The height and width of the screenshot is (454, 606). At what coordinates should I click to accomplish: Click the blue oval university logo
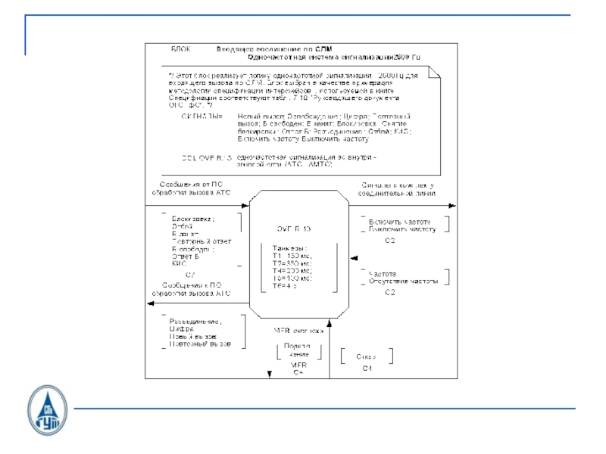(47, 412)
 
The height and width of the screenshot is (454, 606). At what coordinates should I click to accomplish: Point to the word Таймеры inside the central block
(290, 247)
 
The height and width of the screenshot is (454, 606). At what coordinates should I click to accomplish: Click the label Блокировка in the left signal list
(192, 219)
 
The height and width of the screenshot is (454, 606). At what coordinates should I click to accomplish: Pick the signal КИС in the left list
(180, 263)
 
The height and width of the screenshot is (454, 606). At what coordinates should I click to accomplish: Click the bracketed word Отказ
(367, 356)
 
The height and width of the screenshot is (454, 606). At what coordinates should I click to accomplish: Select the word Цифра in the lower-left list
(182, 329)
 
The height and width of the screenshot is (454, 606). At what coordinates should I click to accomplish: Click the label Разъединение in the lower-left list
(196, 322)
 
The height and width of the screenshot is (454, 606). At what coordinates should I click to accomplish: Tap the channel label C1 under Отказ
(367, 368)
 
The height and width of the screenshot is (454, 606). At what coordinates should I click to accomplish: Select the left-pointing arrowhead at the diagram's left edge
(149, 304)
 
